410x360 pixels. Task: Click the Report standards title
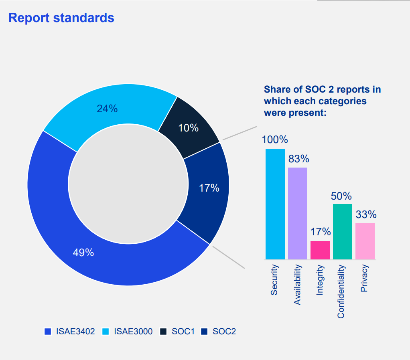(x=61, y=18)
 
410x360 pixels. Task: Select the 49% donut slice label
(x=83, y=253)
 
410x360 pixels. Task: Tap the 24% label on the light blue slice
(x=107, y=108)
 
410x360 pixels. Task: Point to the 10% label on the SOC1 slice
(x=189, y=128)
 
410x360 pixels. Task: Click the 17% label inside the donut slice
(x=209, y=188)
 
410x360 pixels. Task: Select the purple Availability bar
(x=298, y=213)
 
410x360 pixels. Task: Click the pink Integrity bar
(x=320, y=250)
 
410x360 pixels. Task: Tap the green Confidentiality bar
(x=342, y=231)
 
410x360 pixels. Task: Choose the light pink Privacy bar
(x=365, y=241)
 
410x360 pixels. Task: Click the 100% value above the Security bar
(x=275, y=140)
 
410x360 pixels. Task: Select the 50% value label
(x=341, y=196)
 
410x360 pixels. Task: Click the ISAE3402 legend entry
(x=70, y=332)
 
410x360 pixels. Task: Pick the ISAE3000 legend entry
(x=128, y=332)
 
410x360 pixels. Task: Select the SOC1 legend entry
(x=178, y=332)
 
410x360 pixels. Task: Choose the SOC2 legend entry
(x=219, y=332)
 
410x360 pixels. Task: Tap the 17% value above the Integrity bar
(x=320, y=232)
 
